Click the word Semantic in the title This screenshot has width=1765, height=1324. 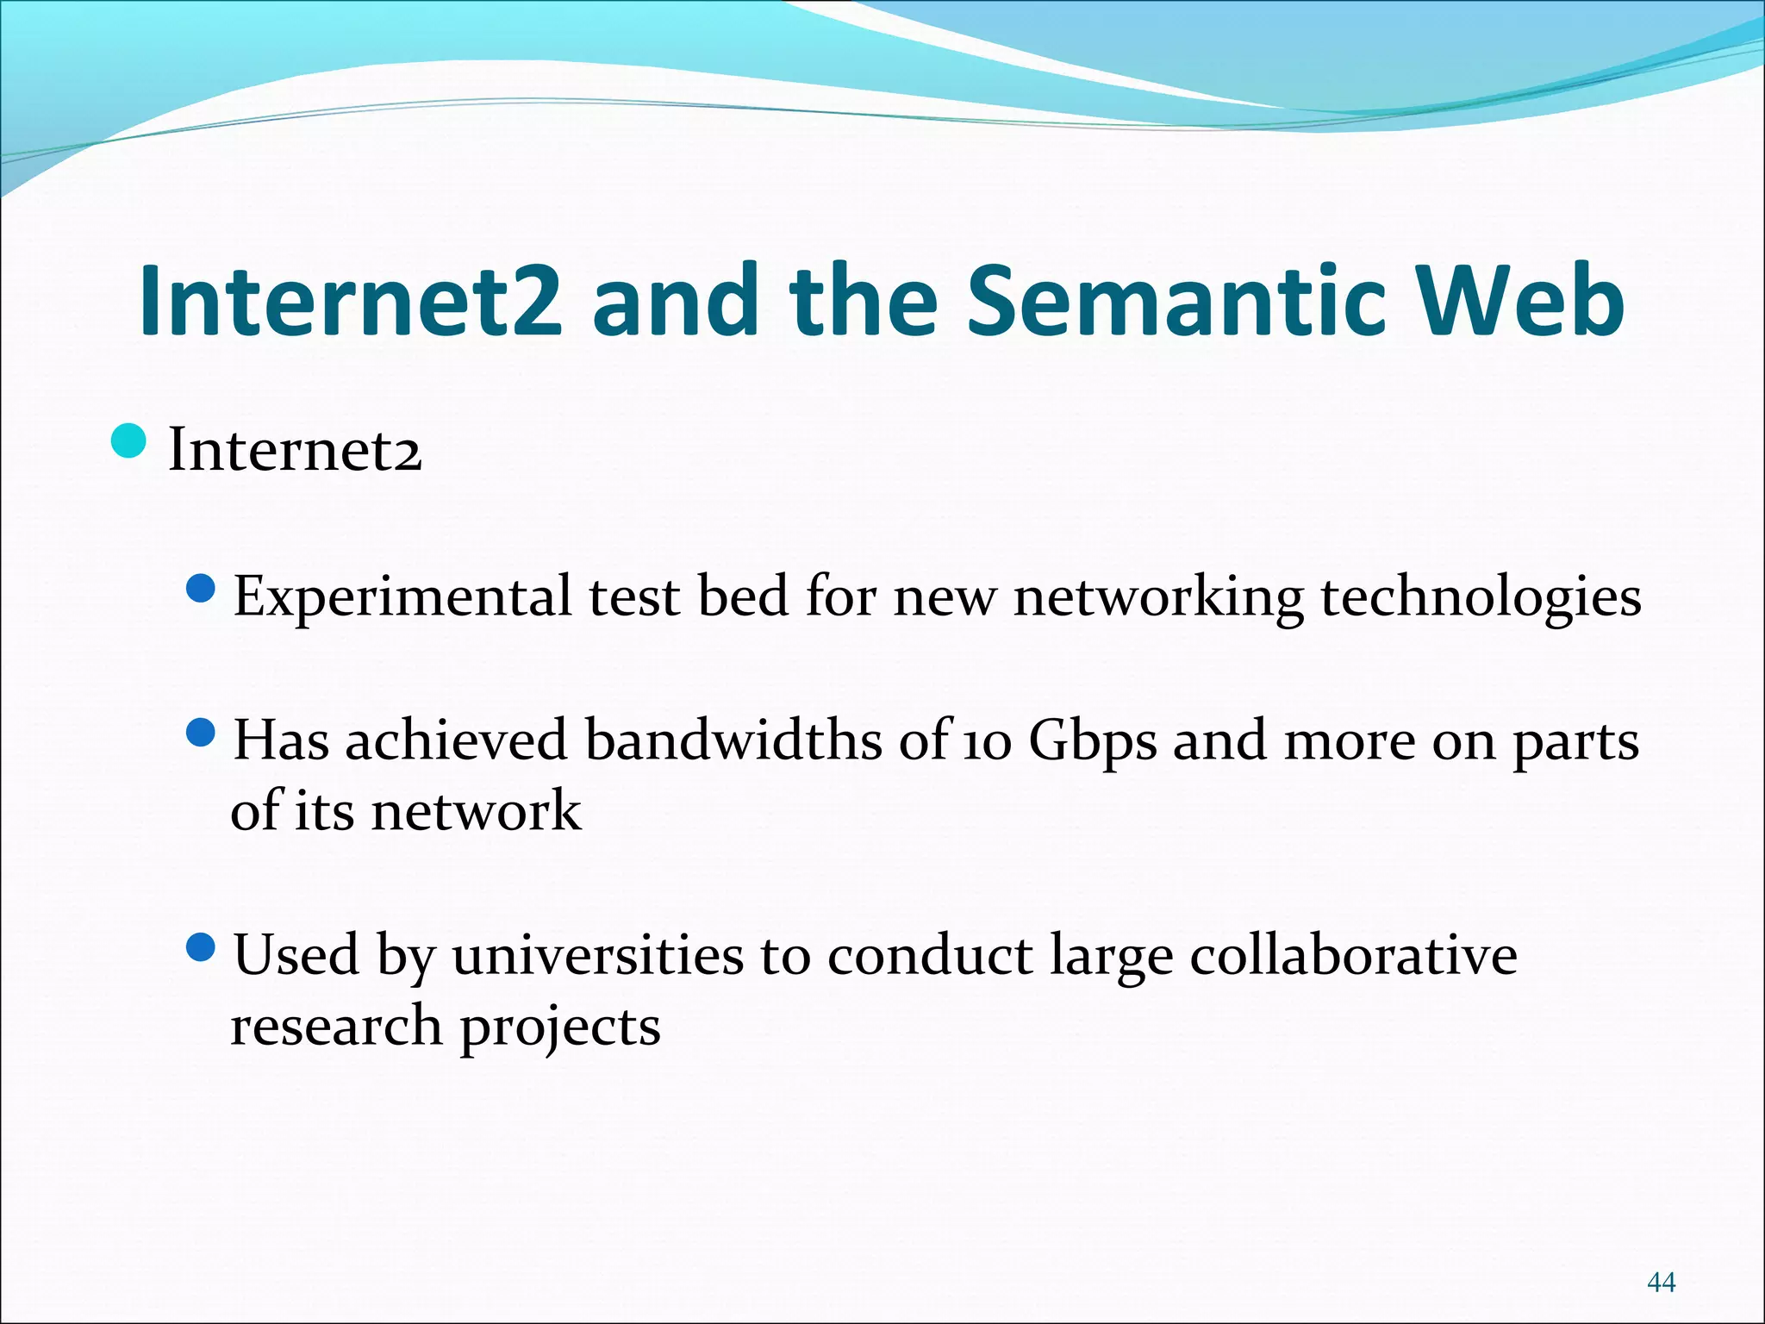click(1176, 302)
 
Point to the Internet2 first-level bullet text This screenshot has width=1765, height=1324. click(295, 450)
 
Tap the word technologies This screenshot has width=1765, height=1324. click(1481, 596)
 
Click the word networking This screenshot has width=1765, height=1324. click(1158, 596)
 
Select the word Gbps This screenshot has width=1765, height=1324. click(1092, 741)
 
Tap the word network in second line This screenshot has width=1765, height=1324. click(476, 811)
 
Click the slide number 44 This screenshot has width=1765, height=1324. click(1661, 1283)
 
